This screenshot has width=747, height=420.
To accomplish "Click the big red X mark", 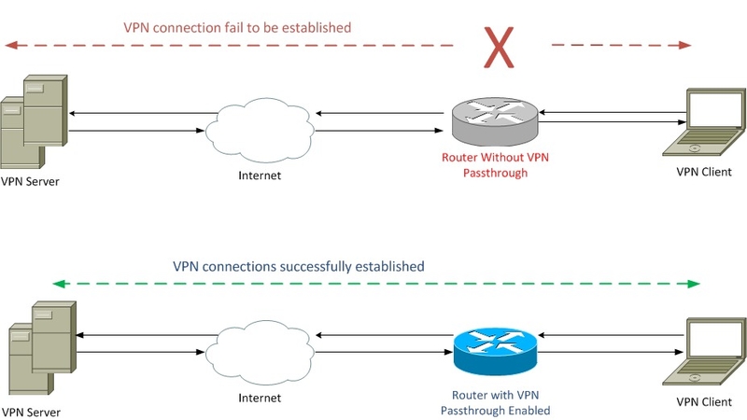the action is [x=499, y=48].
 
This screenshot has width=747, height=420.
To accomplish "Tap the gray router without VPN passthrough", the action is [x=495, y=121].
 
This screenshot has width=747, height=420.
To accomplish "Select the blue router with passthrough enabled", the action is [x=495, y=352].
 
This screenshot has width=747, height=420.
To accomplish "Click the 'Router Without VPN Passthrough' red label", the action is [x=495, y=165].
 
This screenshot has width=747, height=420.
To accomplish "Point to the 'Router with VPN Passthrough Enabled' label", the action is [x=495, y=403].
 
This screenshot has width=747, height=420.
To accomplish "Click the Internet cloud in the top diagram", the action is [x=260, y=130].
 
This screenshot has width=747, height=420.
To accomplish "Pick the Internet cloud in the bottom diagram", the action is [x=260, y=353].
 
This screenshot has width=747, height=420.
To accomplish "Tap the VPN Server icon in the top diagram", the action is [x=34, y=121].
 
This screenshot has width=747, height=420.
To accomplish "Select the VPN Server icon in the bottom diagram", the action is [x=42, y=347].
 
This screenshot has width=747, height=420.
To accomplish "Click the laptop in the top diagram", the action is [x=704, y=122].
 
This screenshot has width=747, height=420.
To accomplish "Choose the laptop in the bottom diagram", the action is [x=704, y=352].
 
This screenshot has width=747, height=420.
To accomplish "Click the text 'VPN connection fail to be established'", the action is [x=237, y=28].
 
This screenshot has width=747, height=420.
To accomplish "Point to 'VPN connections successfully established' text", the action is [x=298, y=266].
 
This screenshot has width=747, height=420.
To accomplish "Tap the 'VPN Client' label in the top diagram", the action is [x=704, y=172].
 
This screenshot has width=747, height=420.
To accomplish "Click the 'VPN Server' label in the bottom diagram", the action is [x=31, y=413].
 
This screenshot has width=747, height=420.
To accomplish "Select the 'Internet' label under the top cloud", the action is [x=260, y=175].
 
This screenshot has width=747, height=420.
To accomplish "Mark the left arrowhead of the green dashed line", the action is [x=58, y=285].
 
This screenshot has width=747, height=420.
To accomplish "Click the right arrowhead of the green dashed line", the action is [x=694, y=285].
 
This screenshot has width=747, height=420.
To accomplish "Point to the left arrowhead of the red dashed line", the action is [x=11, y=45].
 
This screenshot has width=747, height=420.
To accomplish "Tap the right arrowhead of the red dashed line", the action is [x=685, y=45].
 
